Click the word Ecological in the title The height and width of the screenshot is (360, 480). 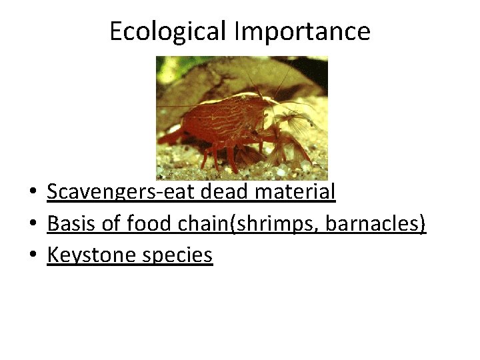click(156, 31)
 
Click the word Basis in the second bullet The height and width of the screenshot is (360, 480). click(69, 223)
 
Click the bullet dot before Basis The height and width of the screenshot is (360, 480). click(32, 225)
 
